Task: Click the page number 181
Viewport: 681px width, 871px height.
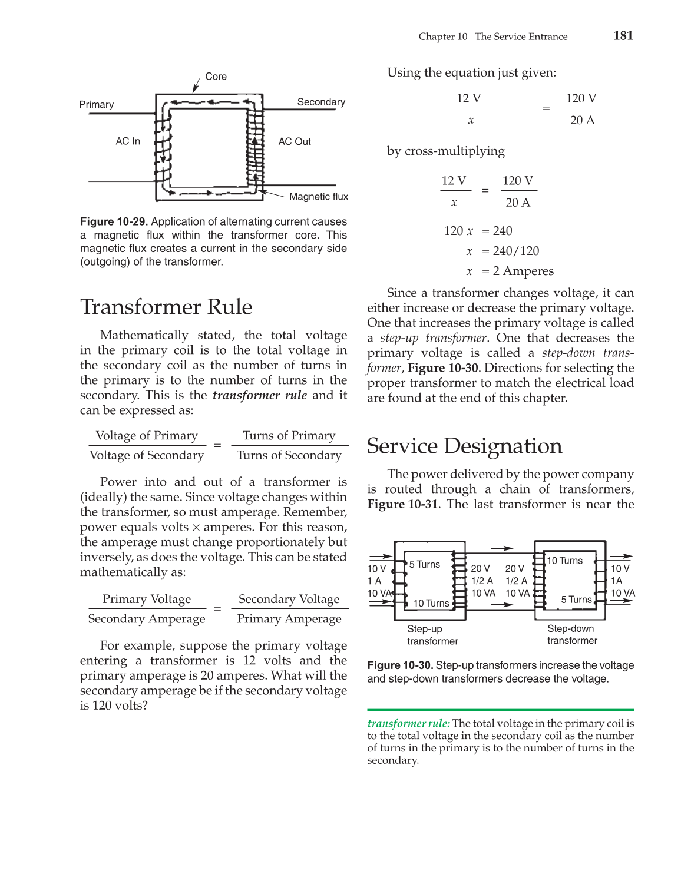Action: click(x=623, y=35)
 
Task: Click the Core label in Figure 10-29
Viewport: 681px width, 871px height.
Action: click(x=216, y=77)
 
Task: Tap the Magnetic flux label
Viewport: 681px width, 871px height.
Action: click(x=318, y=197)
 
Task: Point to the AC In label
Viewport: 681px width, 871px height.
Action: click(x=128, y=141)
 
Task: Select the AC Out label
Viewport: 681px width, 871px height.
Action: click(x=295, y=141)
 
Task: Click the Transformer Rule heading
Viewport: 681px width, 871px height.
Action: click(x=166, y=307)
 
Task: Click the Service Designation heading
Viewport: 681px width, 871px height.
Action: click(x=464, y=446)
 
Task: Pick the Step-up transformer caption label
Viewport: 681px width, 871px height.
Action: click(x=432, y=635)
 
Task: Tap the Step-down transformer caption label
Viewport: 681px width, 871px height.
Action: click(x=571, y=634)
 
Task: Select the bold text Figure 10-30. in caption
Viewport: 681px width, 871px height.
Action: click(x=401, y=665)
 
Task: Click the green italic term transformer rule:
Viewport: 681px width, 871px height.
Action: click(x=408, y=723)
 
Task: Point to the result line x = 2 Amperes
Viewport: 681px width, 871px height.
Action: click(x=510, y=271)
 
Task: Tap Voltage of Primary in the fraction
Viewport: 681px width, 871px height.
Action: click(x=147, y=436)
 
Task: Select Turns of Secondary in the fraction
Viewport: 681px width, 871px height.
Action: click(x=289, y=455)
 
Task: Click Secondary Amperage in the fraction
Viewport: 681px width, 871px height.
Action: click(x=147, y=619)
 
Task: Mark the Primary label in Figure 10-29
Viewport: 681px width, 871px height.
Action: click(x=97, y=105)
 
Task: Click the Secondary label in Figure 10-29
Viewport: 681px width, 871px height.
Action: click(x=321, y=102)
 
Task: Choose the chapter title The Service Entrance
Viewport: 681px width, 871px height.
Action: click(x=521, y=37)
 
